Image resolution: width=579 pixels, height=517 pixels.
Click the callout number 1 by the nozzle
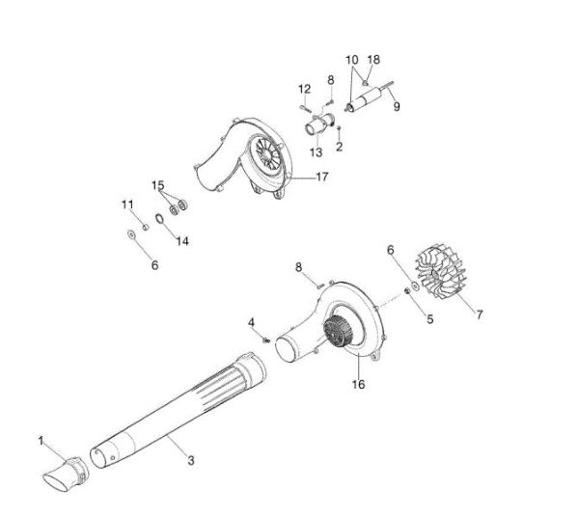41,441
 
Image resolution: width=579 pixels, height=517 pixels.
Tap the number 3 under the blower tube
189,461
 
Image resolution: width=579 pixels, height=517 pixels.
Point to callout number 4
251,321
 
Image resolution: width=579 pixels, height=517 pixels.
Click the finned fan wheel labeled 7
442,274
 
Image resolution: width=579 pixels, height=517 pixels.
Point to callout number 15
157,183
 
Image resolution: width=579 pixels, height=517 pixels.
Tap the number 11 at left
126,204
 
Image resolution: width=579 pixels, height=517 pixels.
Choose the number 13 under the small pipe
316,151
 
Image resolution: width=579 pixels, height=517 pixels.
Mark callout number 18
373,59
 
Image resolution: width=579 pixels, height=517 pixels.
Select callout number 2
340,147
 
